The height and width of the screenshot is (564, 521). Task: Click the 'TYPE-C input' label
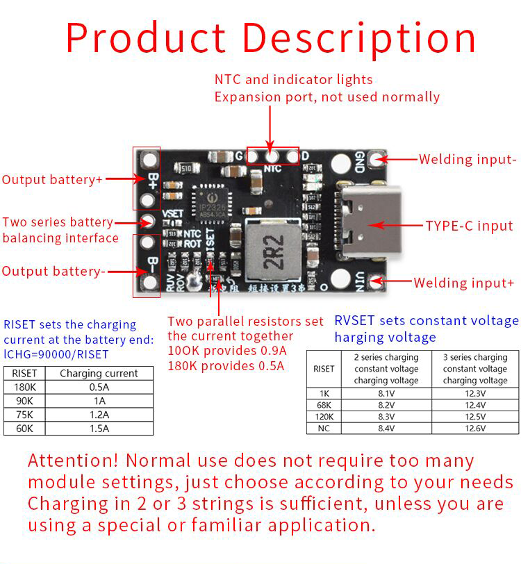(469, 226)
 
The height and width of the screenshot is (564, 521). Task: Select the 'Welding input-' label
(468, 159)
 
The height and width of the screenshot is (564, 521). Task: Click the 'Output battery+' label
(52, 179)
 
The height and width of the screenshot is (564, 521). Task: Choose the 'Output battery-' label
(53, 271)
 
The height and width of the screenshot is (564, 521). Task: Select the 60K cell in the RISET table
(24, 429)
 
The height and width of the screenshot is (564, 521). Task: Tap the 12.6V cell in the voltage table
(474, 428)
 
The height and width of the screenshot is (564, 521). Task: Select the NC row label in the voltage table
(324, 428)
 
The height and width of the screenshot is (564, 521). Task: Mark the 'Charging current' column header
(99, 373)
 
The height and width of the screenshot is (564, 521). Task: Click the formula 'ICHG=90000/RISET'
(56, 354)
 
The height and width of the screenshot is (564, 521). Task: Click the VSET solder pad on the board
(147, 222)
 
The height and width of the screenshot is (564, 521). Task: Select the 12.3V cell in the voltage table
(474, 392)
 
